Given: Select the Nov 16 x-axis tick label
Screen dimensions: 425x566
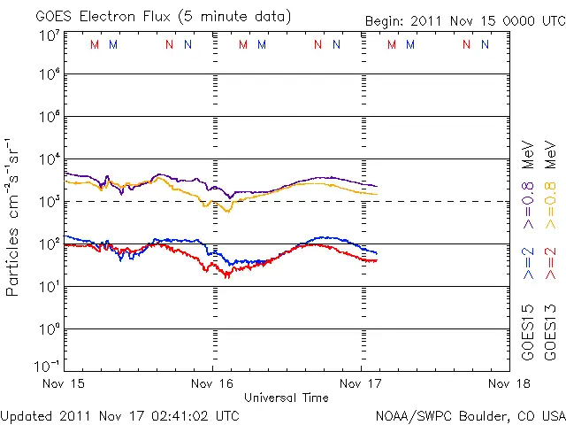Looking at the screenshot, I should click(x=212, y=383).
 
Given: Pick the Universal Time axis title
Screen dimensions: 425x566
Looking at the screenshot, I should click(x=287, y=398).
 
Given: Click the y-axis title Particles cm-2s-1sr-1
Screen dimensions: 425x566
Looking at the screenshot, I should click(x=14, y=217).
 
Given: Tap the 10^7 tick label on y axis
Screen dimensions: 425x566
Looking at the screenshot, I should click(x=49, y=36).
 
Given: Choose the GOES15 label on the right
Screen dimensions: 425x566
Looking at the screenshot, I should click(x=527, y=331).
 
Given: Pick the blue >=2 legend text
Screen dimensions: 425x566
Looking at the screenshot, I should click(x=527, y=264).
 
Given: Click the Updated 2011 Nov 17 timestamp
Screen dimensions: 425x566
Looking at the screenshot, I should click(x=119, y=414).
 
